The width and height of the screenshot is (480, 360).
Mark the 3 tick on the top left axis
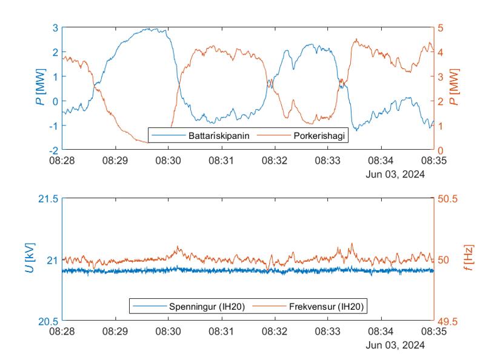(55, 28)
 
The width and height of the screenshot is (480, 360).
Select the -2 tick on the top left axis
(53, 150)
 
